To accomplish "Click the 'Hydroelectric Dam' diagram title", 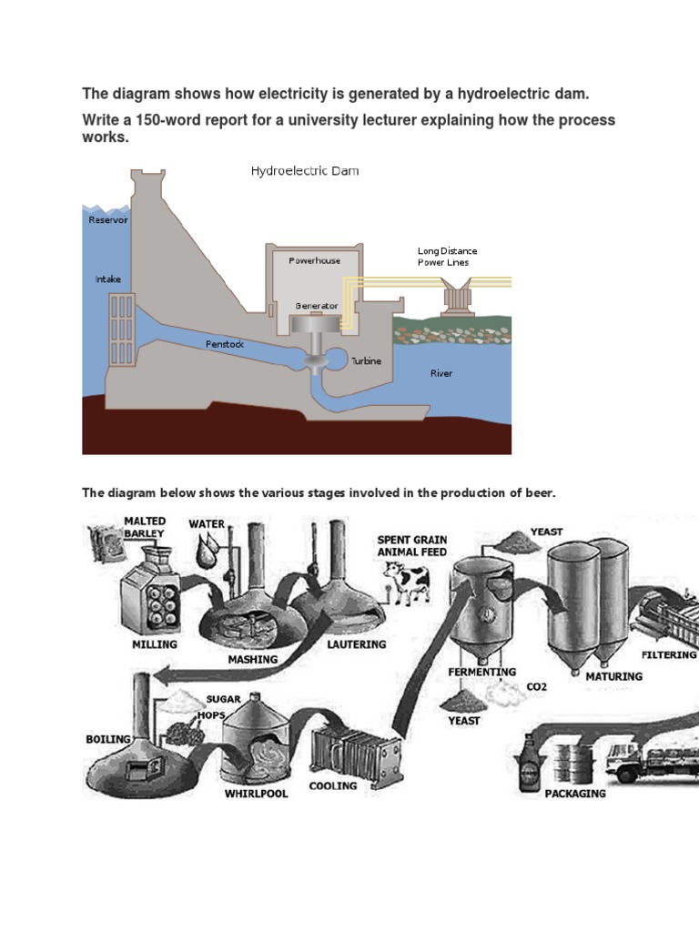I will (x=304, y=171).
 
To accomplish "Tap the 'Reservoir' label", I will (x=108, y=220).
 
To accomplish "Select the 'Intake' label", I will (x=107, y=279).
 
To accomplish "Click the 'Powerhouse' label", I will (x=315, y=260).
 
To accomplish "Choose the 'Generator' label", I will (x=317, y=306).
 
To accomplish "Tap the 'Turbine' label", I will (x=367, y=361).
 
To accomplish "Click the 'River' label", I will (x=441, y=373).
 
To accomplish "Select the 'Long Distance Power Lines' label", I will (x=447, y=257).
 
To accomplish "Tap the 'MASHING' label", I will (x=253, y=660).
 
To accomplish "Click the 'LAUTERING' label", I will (x=356, y=644).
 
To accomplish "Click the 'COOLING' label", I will (x=332, y=785).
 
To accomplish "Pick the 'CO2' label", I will (x=537, y=687).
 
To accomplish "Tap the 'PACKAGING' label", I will (x=575, y=794).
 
